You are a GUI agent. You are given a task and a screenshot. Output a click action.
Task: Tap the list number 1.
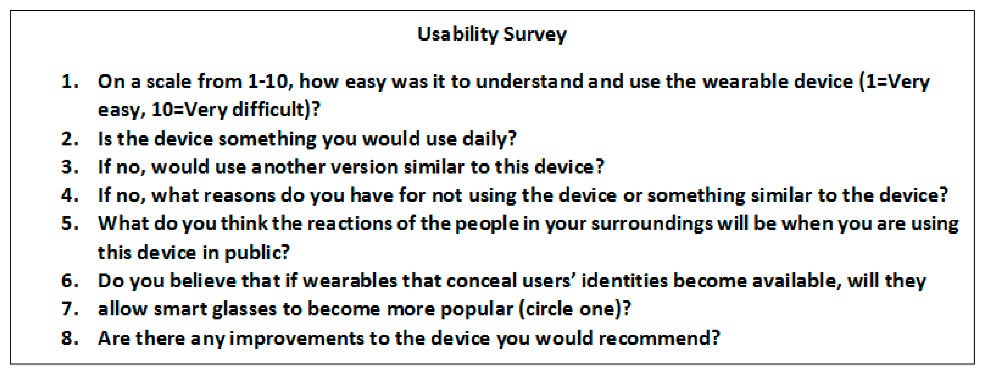pyautogui.click(x=70, y=82)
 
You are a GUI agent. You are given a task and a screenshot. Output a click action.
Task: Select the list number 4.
pyautogui.click(x=70, y=195)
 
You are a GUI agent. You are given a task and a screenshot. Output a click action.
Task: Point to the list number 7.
pyautogui.click(x=70, y=309)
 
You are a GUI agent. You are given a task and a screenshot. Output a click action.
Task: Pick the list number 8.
pyautogui.click(x=70, y=338)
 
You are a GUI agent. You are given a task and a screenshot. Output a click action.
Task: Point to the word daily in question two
pyautogui.click(x=489, y=139)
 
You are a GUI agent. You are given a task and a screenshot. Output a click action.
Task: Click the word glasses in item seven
pyautogui.click(x=244, y=309)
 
